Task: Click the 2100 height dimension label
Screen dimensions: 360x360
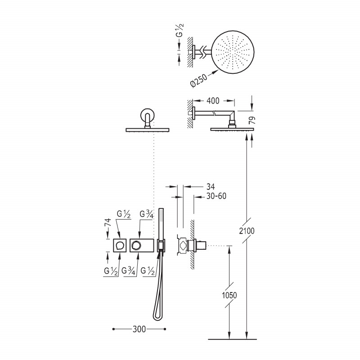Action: tap(247, 231)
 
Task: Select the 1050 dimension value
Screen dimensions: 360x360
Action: tap(229, 295)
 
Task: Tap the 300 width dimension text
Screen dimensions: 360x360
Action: tap(139, 329)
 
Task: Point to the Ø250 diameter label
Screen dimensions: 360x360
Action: tap(199, 80)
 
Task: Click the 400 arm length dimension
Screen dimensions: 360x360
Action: tap(213, 100)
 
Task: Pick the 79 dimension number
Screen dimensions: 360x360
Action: tap(252, 120)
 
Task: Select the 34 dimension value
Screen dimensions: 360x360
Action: tap(211, 187)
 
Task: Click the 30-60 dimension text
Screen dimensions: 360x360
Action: tap(216, 196)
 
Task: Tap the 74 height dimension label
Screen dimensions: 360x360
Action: tap(108, 222)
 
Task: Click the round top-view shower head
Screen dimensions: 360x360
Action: tap(233, 52)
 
